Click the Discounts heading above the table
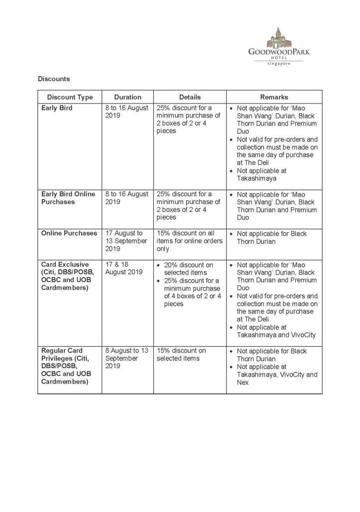pos(54,79)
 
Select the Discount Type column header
pos(70,97)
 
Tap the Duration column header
pos(127,97)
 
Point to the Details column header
pos(190,97)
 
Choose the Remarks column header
pos(274,97)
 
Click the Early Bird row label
pos(57,108)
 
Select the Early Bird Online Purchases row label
pos(68,198)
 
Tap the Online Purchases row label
pos(69,233)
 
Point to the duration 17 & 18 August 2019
pos(123,268)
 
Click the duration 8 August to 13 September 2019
pos(127,358)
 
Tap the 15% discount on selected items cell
pos(181,354)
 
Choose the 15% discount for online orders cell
pos(185,241)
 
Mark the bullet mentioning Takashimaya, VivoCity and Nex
pos(276,375)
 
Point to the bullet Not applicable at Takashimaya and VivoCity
pos(276,331)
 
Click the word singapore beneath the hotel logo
pos(278,64)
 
